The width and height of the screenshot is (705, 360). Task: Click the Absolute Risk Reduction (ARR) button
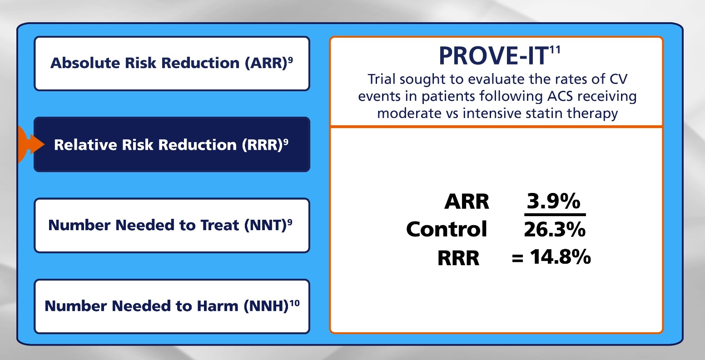172,64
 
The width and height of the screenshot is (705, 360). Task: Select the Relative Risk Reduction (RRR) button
172,144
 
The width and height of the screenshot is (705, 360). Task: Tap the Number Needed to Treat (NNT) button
172,225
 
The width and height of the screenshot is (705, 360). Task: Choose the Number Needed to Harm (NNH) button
172,306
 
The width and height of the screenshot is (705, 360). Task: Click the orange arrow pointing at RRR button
31,144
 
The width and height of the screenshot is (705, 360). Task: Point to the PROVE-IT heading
493,56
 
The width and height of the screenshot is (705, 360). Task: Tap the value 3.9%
554,201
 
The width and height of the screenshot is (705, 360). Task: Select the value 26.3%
555,230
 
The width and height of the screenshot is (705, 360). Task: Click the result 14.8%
561,257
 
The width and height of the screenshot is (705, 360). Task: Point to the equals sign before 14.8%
517,259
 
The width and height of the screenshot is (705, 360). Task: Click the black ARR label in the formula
467,202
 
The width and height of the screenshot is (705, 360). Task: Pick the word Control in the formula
447,229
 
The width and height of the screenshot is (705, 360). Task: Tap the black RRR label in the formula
458,258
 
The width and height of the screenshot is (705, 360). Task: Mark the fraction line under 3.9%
555,215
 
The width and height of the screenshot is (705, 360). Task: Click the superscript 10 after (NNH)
295,303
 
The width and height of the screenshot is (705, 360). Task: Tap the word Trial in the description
381,79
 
